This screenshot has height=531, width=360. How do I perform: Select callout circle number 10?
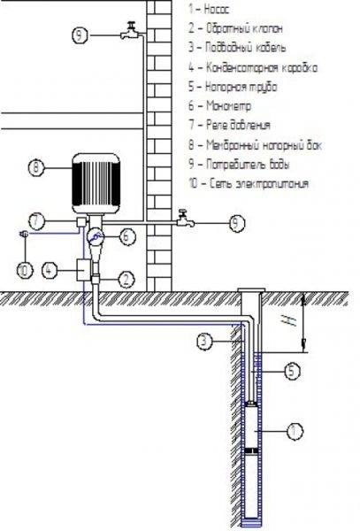click(24, 266)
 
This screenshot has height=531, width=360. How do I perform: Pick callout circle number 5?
click(293, 373)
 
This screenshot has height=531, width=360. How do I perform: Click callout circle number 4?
click(50, 266)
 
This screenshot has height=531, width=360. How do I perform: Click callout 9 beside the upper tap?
click(80, 35)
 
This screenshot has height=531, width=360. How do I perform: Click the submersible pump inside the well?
click(256, 432)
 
